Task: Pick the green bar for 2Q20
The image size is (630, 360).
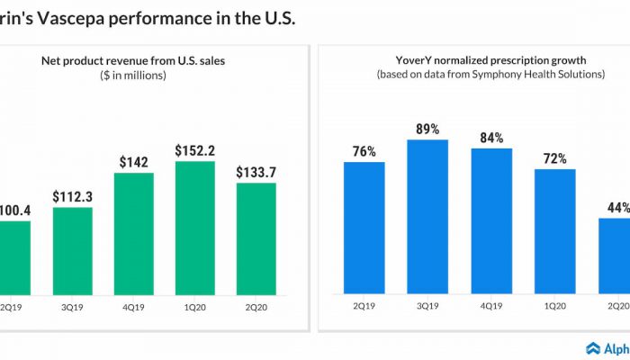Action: (x=256, y=238)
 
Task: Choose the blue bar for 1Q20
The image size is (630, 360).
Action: (x=554, y=230)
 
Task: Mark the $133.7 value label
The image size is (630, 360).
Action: (x=256, y=171)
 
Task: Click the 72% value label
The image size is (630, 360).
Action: (x=554, y=157)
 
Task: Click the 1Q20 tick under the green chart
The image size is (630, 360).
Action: (x=194, y=305)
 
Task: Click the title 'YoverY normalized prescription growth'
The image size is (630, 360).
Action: (x=490, y=60)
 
